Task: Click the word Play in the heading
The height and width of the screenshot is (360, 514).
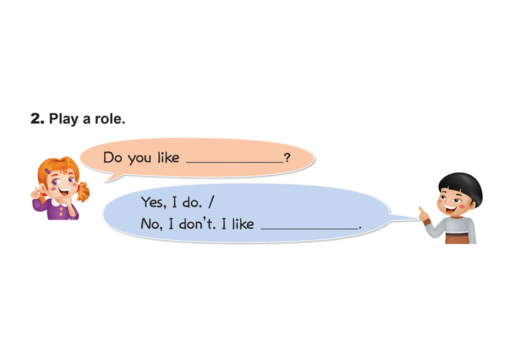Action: (x=63, y=119)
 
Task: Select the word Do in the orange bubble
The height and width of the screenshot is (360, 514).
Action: (x=112, y=158)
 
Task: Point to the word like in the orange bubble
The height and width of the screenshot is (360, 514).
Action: (x=168, y=158)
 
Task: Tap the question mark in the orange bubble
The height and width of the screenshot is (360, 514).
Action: (x=287, y=158)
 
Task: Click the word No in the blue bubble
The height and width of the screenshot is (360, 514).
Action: (x=149, y=224)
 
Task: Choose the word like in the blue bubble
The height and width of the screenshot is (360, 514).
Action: (x=241, y=224)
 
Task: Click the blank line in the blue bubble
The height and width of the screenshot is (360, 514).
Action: (x=309, y=227)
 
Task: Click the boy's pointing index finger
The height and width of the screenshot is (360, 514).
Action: (x=421, y=209)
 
